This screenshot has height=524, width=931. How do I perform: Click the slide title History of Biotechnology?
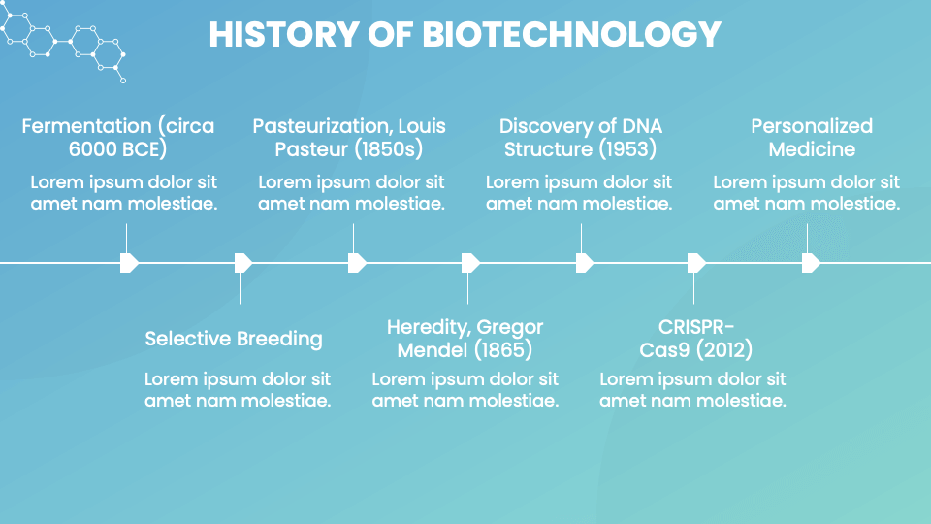tap(465, 35)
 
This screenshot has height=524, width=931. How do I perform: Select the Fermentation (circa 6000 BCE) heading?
tap(118, 138)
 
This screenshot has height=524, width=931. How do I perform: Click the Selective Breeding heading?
tap(233, 339)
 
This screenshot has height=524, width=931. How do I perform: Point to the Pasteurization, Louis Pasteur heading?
tap(349, 138)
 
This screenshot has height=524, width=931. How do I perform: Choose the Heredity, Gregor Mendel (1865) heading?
tap(465, 339)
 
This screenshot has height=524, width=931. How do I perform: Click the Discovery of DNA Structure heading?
tap(580, 138)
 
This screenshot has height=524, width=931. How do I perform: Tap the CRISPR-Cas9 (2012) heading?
tap(695, 339)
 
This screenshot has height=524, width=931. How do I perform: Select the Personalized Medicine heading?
tap(812, 138)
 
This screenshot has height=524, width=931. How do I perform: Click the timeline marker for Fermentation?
tap(129, 263)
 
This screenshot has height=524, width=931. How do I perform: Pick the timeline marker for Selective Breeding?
tap(242, 263)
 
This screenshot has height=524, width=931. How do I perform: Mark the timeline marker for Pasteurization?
tap(356, 263)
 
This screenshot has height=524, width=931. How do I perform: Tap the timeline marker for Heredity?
tap(469, 263)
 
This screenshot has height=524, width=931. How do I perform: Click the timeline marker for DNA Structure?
tap(584, 263)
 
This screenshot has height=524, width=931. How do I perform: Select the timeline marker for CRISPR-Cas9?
tap(696, 263)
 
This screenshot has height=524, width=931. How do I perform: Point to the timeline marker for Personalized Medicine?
tap(811, 263)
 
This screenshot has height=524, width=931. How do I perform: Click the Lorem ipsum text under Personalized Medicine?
tap(806, 192)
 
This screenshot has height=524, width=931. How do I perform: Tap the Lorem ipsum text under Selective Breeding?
tap(238, 389)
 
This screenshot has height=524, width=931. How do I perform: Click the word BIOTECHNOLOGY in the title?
tap(571, 35)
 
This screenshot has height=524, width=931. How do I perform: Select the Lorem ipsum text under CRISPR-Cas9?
tap(692, 389)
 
